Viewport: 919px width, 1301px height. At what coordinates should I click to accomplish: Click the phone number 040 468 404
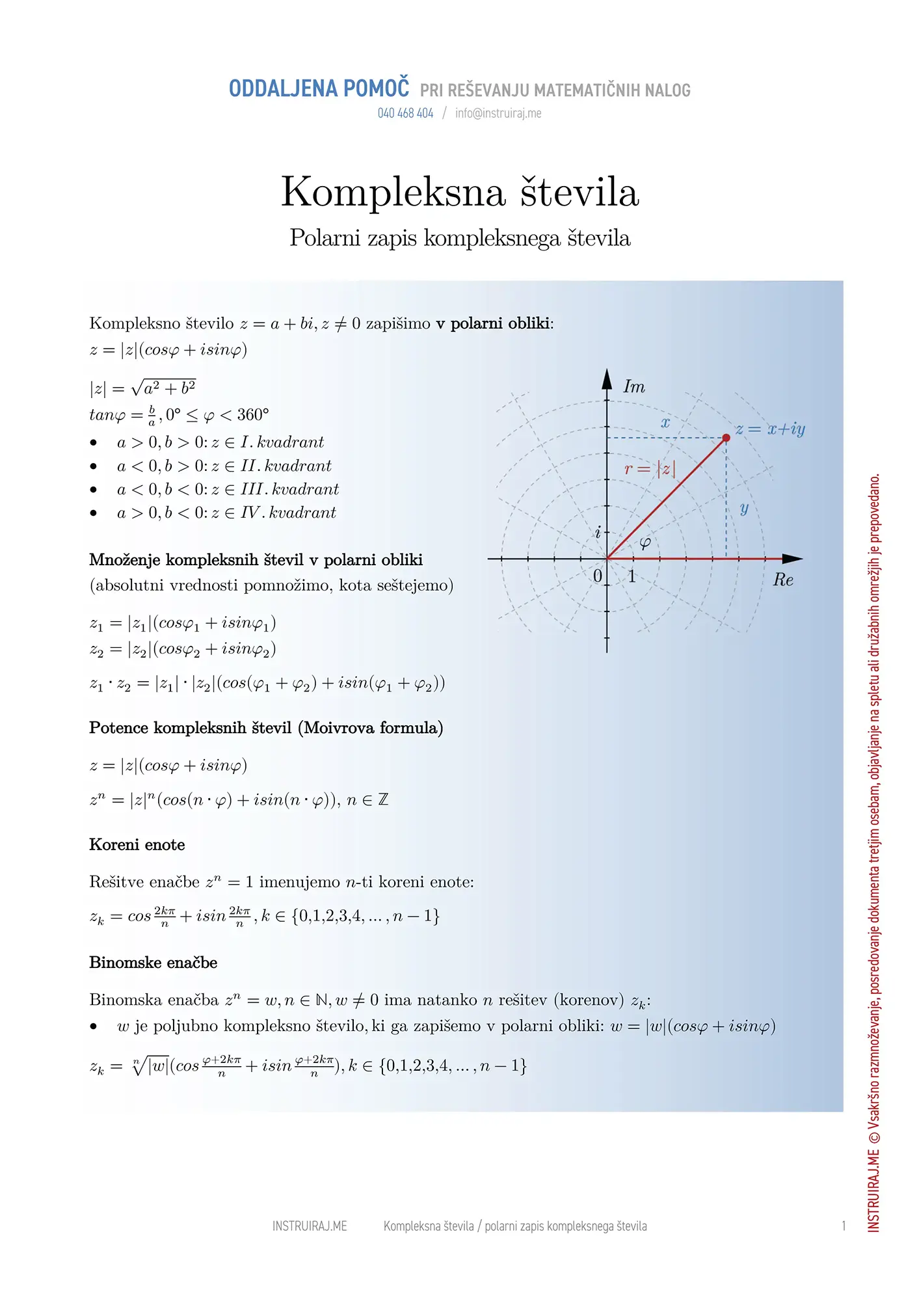point(405,113)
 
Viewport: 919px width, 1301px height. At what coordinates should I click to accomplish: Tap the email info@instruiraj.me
point(498,113)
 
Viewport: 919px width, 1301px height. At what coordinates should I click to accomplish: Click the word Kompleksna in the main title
point(393,193)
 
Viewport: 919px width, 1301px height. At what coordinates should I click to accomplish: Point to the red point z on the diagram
point(726,438)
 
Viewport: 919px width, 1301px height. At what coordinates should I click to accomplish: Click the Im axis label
point(634,387)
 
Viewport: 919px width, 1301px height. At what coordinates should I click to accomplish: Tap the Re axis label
point(783,580)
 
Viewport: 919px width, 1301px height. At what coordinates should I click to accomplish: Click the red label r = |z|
point(650,468)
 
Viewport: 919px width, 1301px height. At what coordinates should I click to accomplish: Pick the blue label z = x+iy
point(771,429)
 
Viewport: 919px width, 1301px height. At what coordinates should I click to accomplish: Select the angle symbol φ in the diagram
point(645,543)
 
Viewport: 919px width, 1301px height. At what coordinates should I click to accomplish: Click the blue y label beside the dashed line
point(744,508)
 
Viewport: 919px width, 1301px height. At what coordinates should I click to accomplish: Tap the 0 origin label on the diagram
point(598,576)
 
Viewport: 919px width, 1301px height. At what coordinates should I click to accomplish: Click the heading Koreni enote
point(137,845)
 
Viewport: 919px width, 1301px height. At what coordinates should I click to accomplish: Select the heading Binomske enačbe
point(153,963)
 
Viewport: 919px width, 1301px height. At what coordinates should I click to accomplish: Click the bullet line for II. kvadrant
point(224,466)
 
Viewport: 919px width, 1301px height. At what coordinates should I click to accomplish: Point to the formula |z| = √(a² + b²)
point(142,388)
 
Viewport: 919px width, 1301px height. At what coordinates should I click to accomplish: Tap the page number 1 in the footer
point(844,1226)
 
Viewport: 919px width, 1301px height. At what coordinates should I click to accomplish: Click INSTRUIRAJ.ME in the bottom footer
point(310,1226)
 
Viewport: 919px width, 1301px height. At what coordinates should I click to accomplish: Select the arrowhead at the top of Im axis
point(607,379)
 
